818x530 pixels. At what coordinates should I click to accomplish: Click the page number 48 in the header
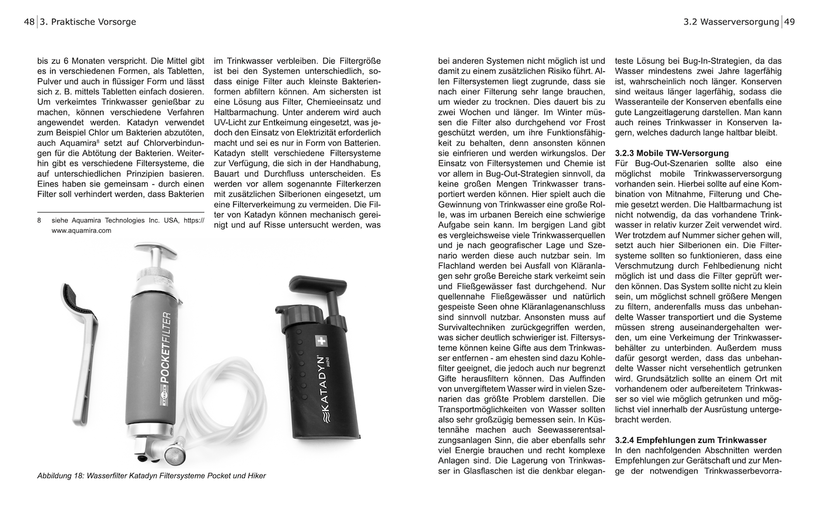pos(29,22)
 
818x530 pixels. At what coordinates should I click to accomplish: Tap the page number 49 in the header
pos(790,22)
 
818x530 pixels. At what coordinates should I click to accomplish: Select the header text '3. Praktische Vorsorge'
pos(88,22)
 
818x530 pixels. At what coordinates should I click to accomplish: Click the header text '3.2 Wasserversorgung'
pos(731,22)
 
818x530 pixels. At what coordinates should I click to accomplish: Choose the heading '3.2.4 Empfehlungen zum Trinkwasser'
pos(691,439)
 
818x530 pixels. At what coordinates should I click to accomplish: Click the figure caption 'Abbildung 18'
pos(60,476)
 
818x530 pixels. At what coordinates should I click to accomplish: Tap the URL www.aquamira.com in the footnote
pos(81,231)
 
